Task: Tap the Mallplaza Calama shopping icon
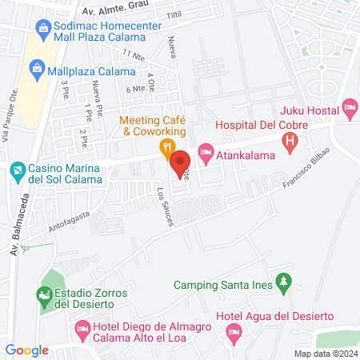coord(37,70)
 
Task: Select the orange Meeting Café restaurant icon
coord(166,146)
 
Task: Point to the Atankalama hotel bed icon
coord(206,150)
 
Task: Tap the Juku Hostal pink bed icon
coord(348,106)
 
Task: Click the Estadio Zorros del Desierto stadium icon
coord(44,297)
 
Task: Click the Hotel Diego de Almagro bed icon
coord(82,328)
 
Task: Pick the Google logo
coord(26,350)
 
